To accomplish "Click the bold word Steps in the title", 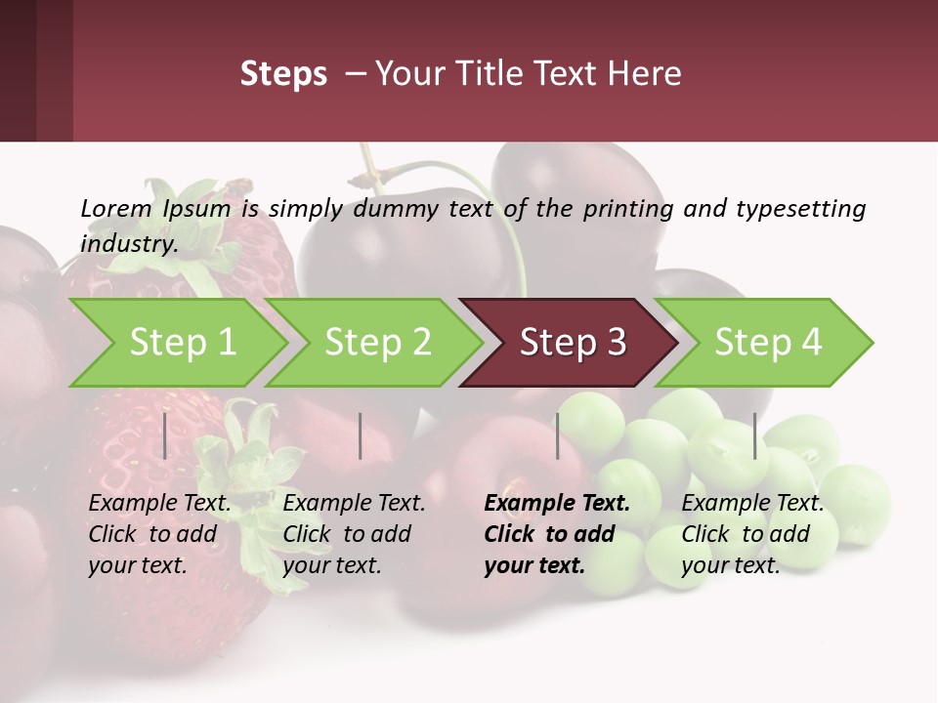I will coord(283,74).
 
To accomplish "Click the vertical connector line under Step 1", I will coord(165,435).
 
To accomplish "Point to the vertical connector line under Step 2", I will coord(361,435).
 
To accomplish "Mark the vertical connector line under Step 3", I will coord(558,435).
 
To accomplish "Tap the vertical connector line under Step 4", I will coord(754,435).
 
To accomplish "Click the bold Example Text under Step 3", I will coord(557,504).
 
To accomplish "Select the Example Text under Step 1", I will coord(159,504).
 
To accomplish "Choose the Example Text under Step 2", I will coord(354,504).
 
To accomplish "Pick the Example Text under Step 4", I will coord(752,504).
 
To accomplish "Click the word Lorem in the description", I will coord(116,209).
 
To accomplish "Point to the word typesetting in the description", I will coord(799,209).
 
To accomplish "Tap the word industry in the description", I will coord(128,244).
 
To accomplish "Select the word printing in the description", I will coord(628,209).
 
